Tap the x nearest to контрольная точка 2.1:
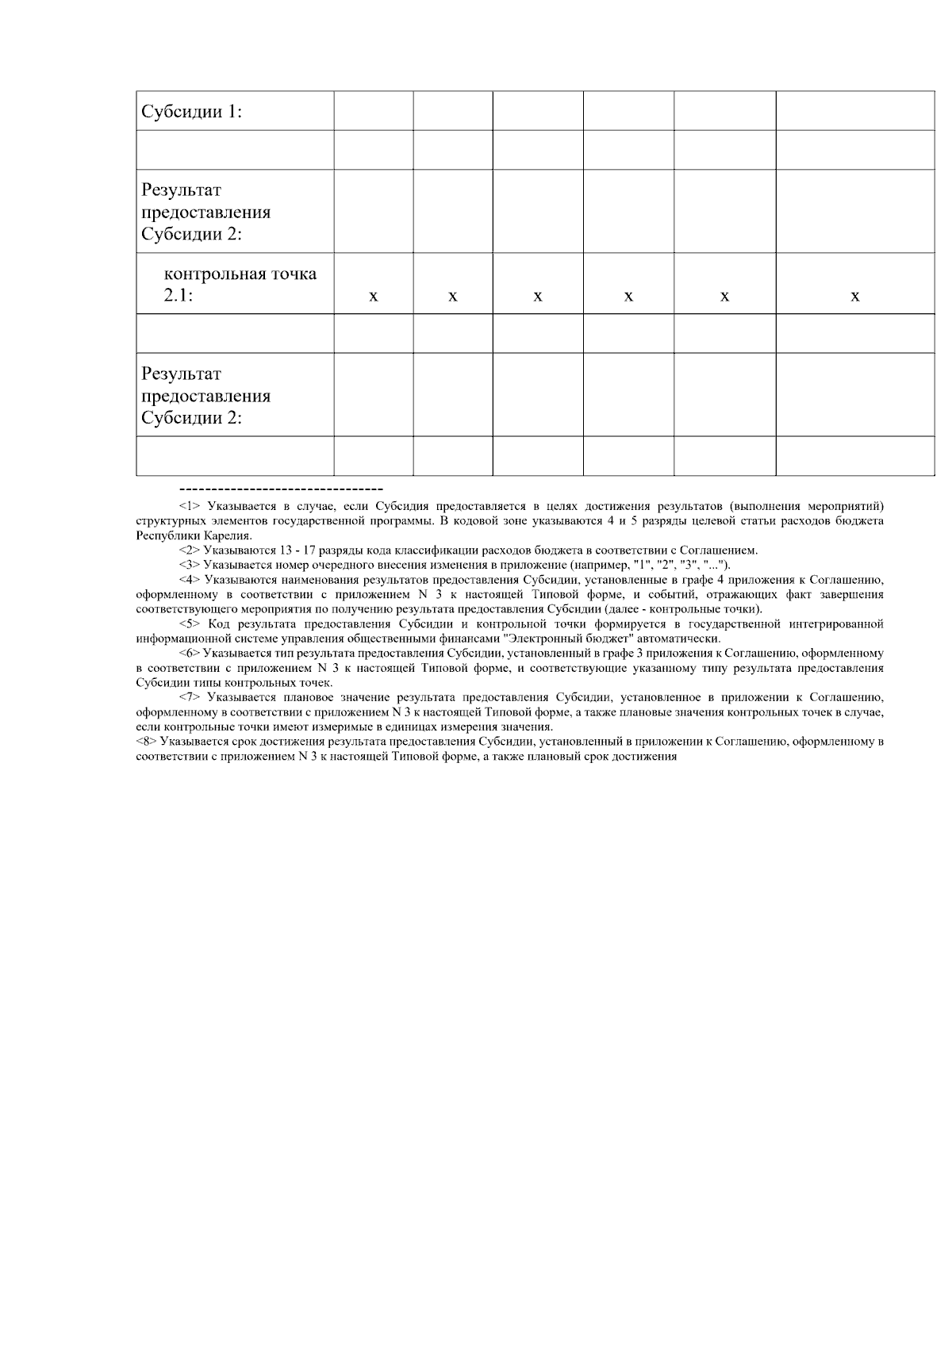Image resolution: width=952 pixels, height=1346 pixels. (x=374, y=297)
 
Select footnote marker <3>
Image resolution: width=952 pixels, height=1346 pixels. (x=190, y=565)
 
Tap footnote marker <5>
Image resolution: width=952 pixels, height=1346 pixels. (x=190, y=624)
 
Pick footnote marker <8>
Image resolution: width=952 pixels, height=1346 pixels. (x=147, y=742)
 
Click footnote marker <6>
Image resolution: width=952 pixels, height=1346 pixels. (x=190, y=654)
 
